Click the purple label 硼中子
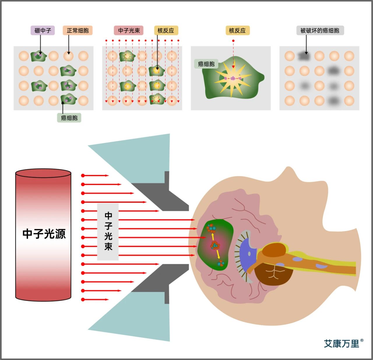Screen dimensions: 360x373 [43, 30]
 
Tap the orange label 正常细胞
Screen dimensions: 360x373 [78, 30]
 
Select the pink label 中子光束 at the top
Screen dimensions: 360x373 [129, 30]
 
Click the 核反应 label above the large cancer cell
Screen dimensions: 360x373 [237, 30]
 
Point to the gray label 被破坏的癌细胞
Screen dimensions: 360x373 [320, 30]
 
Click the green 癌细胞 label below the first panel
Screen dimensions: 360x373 [69, 118]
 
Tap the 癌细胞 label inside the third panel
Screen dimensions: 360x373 [206, 64]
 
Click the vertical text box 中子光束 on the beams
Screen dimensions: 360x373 [108, 231]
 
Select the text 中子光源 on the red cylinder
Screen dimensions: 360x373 [44, 234]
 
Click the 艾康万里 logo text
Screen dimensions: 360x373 [342, 343]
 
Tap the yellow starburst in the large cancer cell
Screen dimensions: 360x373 [233, 78]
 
